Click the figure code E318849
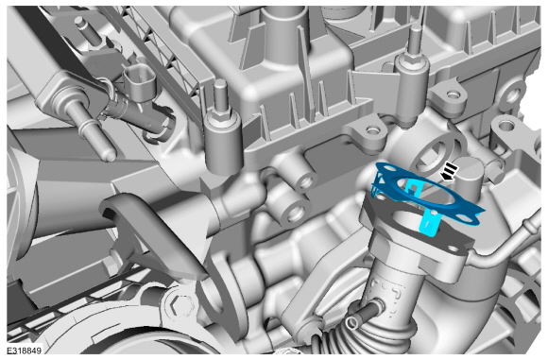(24, 351)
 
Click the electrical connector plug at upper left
(139, 83)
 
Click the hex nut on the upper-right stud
(415, 59)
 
